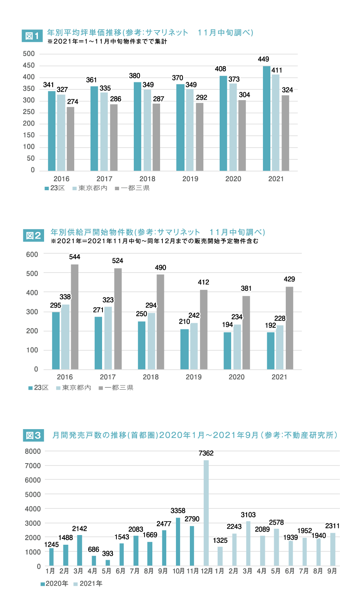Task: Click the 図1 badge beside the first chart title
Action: pyautogui.click(x=32, y=36)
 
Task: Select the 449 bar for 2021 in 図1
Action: pyautogui.click(x=266, y=118)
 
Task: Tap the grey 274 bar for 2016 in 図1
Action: pyautogui.click(x=70, y=139)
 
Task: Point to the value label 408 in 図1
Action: pyautogui.click(x=220, y=69)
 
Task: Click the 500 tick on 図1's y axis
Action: pyautogui.click(x=29, y=54)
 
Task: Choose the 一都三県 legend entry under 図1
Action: pyautogui.click(x=133, y=188)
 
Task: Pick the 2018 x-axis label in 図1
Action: pyautogui.click(x=147, y=179)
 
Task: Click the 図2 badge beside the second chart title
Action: pyautogui.click(x=33, y=235)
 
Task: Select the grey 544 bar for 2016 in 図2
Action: pyautogui.click(x=75, y=317)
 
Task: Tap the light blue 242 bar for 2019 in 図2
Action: pyautogui.click(x=194, y=346)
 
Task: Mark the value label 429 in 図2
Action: pyautogui.click(x=289, y=279)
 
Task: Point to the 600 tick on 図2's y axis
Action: pyautogui.click(x=32, y=254)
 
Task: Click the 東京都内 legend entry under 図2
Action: pyautogui.click(x=74, y=388)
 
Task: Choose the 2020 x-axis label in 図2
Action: pyautogui.click(x=236, y=377)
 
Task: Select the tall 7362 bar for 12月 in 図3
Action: pyautogui.click(x=206, y=513)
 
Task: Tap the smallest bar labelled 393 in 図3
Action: pyautogui.click(x=108, y=563)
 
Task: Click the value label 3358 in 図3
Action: pyautogui.click(x=178, y=511)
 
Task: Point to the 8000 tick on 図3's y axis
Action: pyautogui.click(x=32, y=451)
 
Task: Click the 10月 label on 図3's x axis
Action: pyautogui.click(x=178, y=571)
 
